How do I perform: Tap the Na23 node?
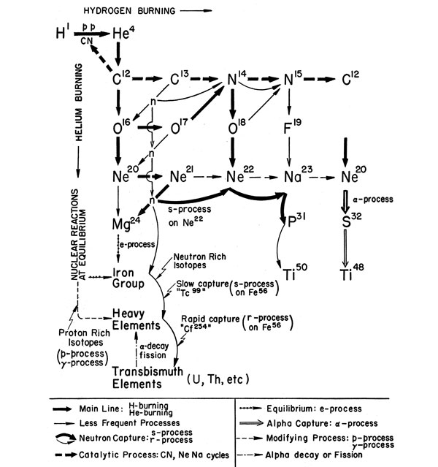tap(289, 177)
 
